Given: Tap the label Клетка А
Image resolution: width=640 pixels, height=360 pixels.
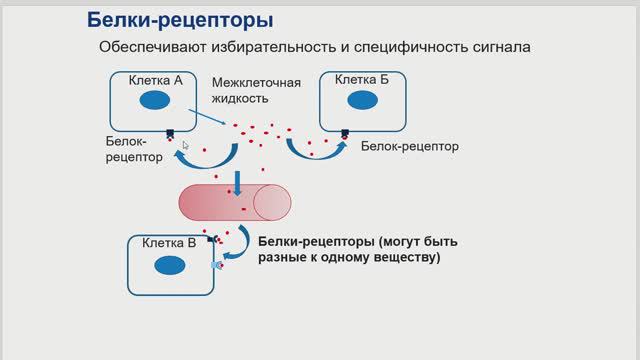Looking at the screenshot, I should pyautogui.click(x=156, y=79).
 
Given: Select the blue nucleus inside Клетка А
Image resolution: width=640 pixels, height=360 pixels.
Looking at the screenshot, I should pyautogui.click(x=154, y=100).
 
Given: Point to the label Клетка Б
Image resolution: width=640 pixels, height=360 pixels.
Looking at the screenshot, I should pyautogui.click(x=361, y=79).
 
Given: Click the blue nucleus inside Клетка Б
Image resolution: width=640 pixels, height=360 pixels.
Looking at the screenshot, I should pyautogui.click(x=361, y=101).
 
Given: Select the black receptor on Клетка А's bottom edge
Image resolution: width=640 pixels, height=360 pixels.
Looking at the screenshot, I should pyautogui.click(x=170, y=132).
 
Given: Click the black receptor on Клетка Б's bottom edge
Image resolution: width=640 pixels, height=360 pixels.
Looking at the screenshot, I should pyautogui.click(x=345, y=132).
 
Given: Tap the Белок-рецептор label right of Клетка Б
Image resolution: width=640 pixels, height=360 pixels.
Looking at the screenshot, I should pyautogui.click(x=409, y=146).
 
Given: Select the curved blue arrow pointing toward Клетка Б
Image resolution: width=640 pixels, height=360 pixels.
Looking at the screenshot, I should pyautogui.click(x=314, y=155).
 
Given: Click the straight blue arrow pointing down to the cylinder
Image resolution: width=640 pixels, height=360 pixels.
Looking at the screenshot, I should pyautogui.click(x=238, y=182).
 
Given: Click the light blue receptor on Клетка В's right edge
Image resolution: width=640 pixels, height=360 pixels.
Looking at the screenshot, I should pyautogui.click(x=216, y=266).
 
